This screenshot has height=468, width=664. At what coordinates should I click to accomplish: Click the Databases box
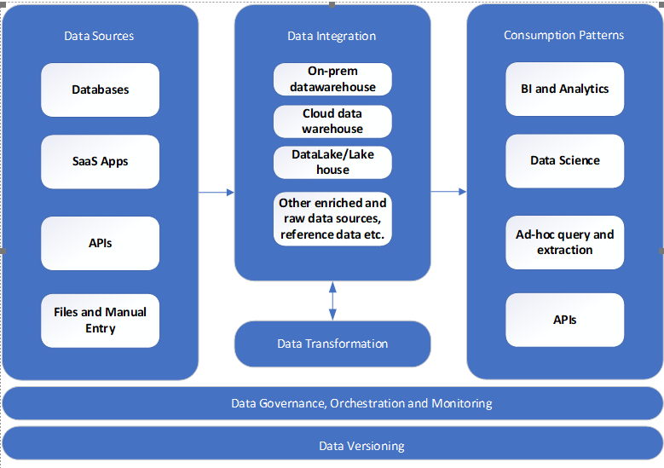tap(100, 90)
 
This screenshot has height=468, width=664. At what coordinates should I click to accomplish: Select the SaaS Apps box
tap(100, 161)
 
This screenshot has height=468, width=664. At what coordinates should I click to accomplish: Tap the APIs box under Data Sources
tap(100, 243)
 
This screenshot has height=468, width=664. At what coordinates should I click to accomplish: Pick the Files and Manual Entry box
tap(100, 321)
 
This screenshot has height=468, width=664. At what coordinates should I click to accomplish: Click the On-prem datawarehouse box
tap(332, 79)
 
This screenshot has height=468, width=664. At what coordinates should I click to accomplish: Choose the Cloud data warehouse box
tap(332, 121)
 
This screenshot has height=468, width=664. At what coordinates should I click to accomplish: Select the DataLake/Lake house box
tap(332, 162)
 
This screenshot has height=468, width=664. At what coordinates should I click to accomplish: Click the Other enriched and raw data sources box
tap(332, 219)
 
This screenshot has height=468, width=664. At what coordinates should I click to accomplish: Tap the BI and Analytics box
tap(564, 89)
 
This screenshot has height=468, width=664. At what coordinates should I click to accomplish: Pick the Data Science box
tap(564, 160)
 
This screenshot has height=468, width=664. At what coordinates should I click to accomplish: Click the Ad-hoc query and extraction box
tap(564, 242)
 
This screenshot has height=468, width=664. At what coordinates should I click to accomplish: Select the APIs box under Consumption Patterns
tap(564, 320)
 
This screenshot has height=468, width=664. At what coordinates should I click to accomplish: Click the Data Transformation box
tap(332, 344)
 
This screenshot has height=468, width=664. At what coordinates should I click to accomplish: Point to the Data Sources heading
tap(99, 36)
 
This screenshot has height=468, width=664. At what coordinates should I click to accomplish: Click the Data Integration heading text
tap(332, 36)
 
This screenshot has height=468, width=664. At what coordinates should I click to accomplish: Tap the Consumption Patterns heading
tap(563, 35)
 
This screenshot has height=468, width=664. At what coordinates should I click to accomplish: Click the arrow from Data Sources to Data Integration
tap(217, 193)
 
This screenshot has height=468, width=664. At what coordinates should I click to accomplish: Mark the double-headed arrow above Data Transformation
tap(332, 300)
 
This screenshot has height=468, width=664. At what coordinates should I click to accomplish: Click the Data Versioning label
tap(361, 446)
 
